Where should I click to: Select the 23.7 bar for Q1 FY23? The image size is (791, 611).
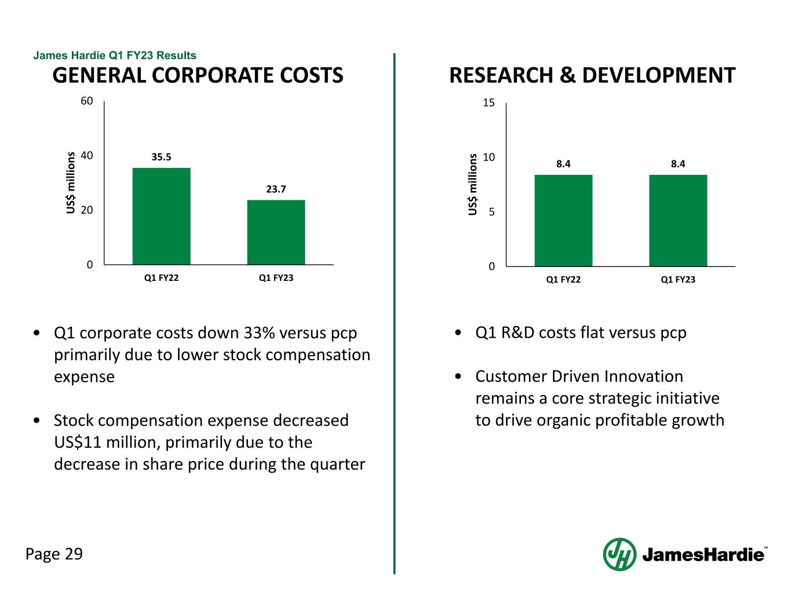(276, 232)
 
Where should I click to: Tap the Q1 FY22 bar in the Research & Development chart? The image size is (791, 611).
(563, 220)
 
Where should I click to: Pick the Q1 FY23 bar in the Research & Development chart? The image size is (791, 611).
(678, 220)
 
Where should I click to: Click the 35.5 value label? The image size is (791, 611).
(162, 157)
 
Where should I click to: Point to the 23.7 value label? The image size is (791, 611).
(276, 189)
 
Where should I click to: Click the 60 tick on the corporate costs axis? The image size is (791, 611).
(87, 101)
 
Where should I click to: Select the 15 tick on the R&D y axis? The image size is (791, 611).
(489, 103)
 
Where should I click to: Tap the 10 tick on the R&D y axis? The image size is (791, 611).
(489, 158)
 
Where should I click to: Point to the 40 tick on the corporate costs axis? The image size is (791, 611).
(87, 156)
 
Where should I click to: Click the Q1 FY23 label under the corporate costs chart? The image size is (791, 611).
(276, 278)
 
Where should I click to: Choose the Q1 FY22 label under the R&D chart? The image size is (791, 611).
(563, 280)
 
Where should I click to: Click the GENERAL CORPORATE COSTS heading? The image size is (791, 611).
(198, 75)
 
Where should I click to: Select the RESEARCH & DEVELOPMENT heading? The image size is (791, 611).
(592, 75)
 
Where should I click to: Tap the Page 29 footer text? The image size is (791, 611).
(54, 554)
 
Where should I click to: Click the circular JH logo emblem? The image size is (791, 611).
(619, 554)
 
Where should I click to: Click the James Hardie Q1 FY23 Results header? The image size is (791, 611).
(115, 56)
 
